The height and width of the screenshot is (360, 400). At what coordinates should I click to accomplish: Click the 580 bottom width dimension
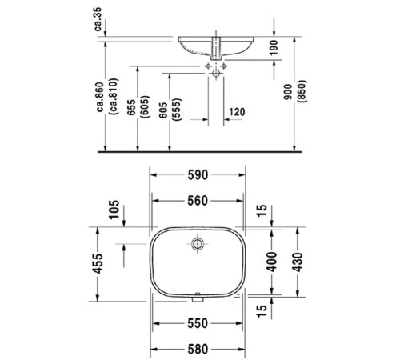[x=198, y=349]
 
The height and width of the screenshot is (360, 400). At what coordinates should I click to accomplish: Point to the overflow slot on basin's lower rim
[x=196, y=302]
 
